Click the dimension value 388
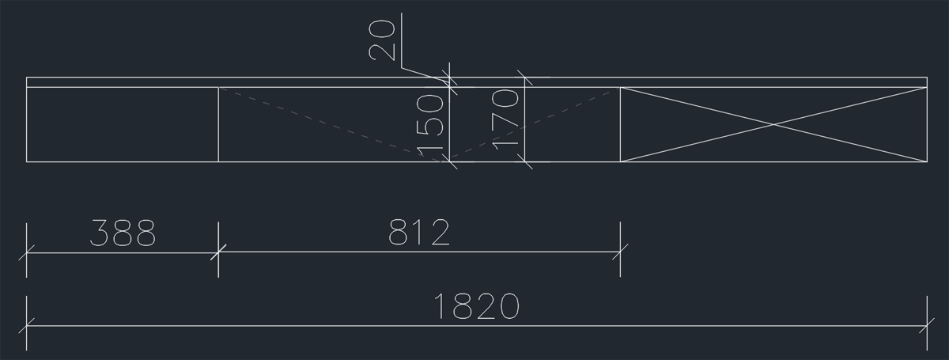pos(123,233)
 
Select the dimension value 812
pos(419,233)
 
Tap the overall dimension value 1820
pos(477,306)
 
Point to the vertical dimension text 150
pos(429,126)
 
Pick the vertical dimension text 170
pos(505,119)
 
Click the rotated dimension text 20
pos(383,40)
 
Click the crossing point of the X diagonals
pos(773,124)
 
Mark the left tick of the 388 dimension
pos(27,254)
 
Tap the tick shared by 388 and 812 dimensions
pos(218,252)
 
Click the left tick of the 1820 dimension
pos(27,325)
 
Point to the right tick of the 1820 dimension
pos(927,325)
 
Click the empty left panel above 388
pos(123,124)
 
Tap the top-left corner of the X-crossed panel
pos(621,87)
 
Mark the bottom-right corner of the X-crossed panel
pos(927,161)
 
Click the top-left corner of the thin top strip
pos(27,78)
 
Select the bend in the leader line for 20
pos(402,67)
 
